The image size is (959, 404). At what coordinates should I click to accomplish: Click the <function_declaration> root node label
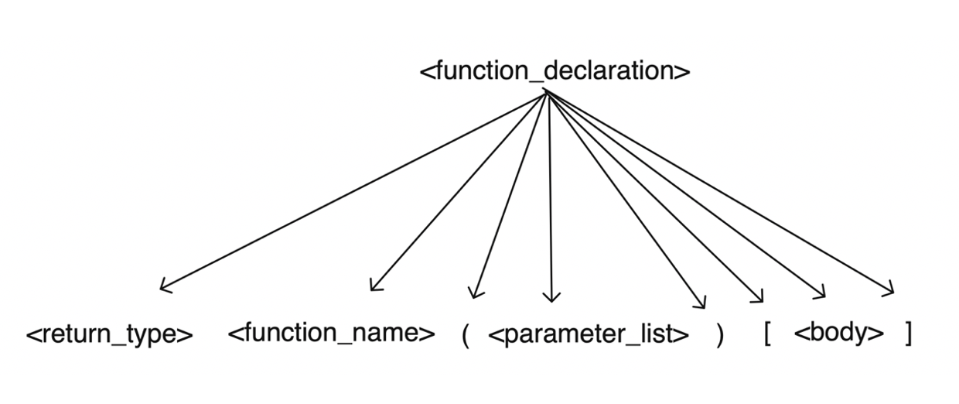pyautogui.click(x=555, y=71)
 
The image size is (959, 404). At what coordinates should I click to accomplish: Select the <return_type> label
pyautogui.click(x=109, y=334)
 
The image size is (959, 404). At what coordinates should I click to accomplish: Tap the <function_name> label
pyautogui.click(x=331, y=334)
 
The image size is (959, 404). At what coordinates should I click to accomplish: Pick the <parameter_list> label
pyautogui.click(x=589, y=334)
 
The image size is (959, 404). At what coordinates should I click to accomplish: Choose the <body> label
pyautogui.click(x=838, y=334)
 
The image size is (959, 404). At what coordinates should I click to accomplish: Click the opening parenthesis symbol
pyautogui.click(x=466, y=335)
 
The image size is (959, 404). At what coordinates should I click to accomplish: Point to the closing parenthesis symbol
pyautogui.click(x=720, y=335)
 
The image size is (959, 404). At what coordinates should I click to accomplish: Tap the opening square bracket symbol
pyautogui.click(x=766, y=334)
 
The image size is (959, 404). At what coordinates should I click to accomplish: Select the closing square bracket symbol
pyautogui.click(x=908, y=334)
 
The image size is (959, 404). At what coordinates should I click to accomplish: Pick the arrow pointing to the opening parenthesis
pyautogui.click(x=510, y=193)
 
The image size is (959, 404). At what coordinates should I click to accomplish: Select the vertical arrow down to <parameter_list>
pyautogui.click(x=549, y=193)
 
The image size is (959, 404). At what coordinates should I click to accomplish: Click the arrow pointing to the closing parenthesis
pyautogui.click(x=625, y=198)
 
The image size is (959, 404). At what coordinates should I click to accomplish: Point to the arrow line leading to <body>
pyautogui.click(x=684, y=193)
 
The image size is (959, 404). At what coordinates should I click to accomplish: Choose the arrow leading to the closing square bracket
pyautogui.click(x=719, y=192)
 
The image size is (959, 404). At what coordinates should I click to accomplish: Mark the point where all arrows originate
pyautogui.click(x=546, y=91)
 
